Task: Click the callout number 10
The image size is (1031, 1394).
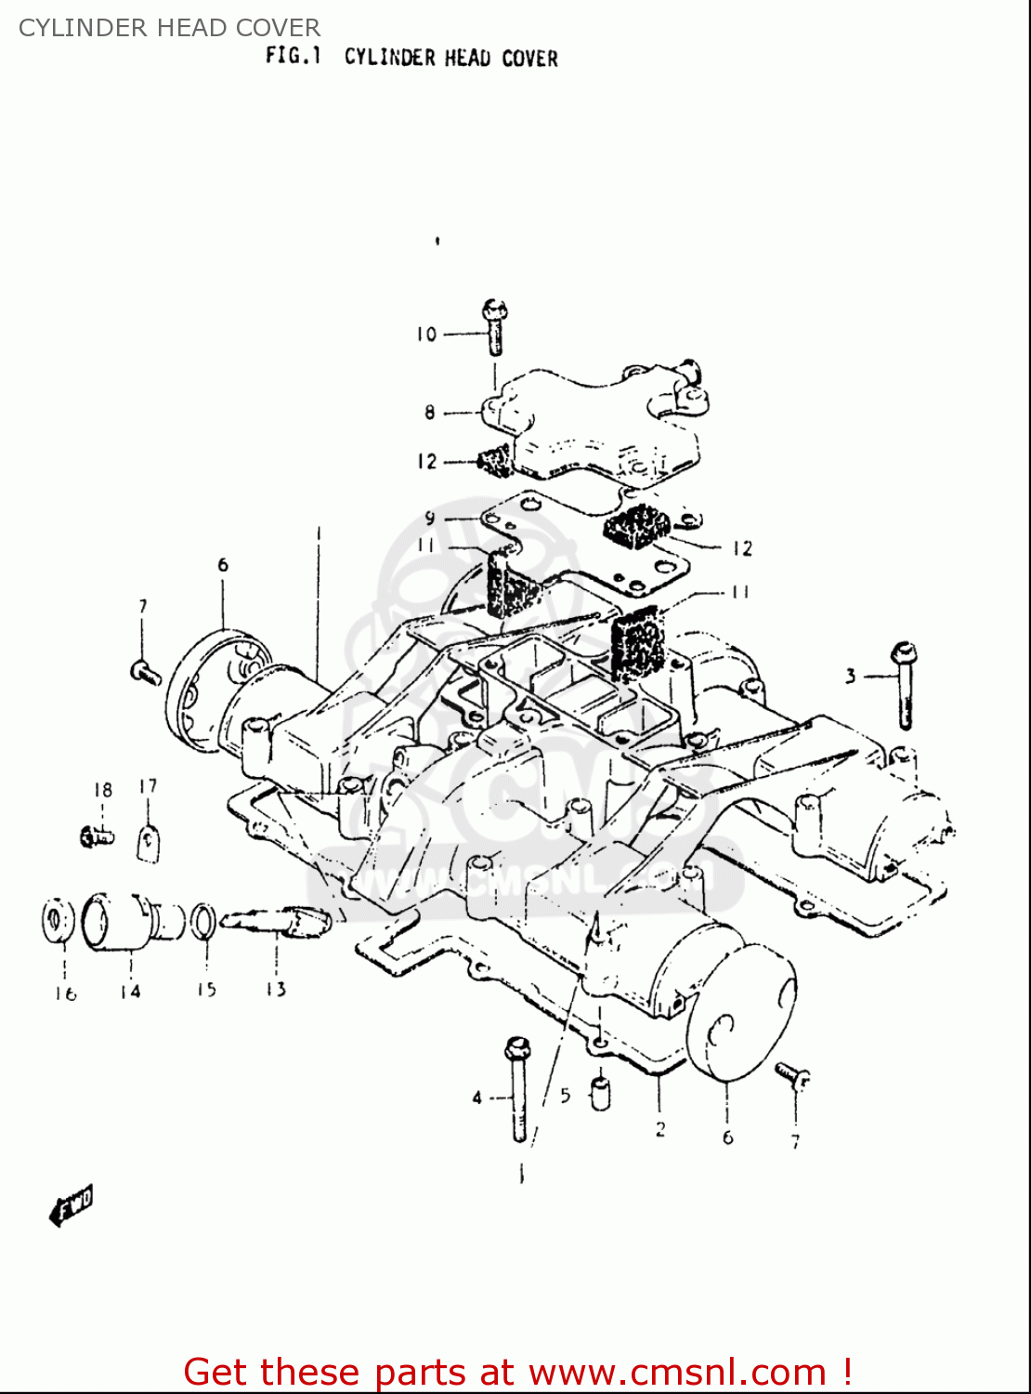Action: (425, 335)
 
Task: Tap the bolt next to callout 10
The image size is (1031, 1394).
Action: (495, 328)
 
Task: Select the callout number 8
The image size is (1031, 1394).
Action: (429, 412)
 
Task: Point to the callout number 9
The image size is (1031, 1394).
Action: (429, 519)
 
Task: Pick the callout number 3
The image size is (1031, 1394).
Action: (850, 677)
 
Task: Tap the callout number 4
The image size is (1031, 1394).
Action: (476, 1098)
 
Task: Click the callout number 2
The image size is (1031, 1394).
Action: (659, 1130)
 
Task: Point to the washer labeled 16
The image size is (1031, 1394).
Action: (58, 921)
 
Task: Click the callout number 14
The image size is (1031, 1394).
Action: (130, 992)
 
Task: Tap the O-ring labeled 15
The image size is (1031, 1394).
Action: (204, 921)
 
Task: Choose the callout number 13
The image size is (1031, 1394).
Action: (275, 990)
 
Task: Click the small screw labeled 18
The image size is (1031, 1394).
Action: (97, 836)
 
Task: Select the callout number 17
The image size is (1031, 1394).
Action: (148, 787)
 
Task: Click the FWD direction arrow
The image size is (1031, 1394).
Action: (72, 1206)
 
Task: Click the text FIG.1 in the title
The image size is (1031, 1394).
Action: (293, 56)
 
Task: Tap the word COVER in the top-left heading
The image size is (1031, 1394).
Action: (280, 28)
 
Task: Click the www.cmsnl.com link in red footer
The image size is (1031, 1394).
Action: (679, 1372)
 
